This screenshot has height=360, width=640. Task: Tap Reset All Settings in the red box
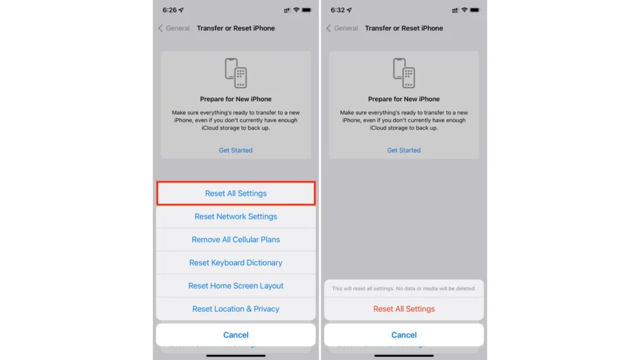point(236,194)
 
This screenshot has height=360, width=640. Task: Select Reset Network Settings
point(236,217)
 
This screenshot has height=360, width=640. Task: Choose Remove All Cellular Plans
point(236,240)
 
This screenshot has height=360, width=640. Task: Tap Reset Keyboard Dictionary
point(236,263)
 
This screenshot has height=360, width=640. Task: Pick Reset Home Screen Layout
point(236,286)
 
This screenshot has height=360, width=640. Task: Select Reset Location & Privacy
point(236,309)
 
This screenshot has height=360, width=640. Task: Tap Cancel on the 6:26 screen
point(236,335)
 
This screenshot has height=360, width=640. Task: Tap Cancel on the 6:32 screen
point(404,335)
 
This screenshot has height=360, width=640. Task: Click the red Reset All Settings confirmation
point(404,309)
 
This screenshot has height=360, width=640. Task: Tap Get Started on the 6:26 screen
point(236,151)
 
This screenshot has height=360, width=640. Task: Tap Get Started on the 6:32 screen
point(404,151)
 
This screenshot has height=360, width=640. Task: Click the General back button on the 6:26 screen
point(174,28)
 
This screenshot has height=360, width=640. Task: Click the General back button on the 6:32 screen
point(342,28)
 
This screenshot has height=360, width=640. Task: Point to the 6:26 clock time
point(169,11)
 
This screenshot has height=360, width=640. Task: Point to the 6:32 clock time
point(337,11)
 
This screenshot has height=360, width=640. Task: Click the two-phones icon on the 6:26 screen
point(236,73)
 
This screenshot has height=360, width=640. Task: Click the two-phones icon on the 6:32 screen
point(404,73)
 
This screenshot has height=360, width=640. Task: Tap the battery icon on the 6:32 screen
point(475,11)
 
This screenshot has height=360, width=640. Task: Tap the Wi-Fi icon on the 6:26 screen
point(296,11)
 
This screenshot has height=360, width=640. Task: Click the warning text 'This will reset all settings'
point(404,289)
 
